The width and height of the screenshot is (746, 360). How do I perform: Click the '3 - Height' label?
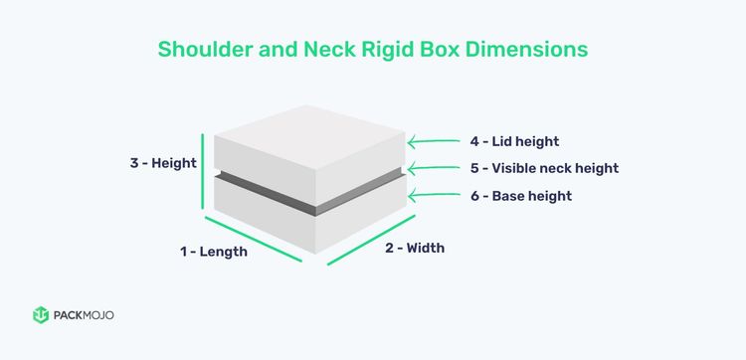click(163, 163)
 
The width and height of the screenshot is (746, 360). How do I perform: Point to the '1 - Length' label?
click(213, 253)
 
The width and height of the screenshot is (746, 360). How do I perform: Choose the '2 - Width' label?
click(415, 248)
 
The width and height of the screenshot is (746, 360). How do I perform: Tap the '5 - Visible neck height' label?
click(543, 169)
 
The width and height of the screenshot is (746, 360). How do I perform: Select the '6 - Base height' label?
click(521, 196)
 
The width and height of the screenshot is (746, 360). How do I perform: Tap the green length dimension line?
click(253, 239)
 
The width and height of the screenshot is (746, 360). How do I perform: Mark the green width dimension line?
click(366, 241)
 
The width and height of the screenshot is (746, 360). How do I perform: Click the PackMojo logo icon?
click(41, 315)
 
